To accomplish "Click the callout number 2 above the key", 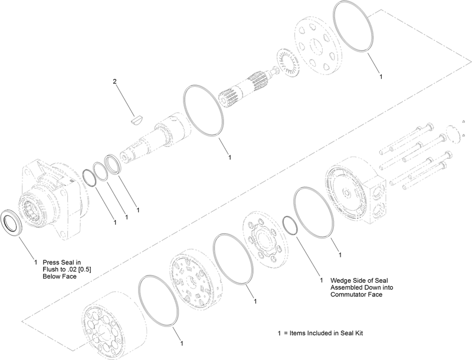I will pyautogui.click(x=114, y=81).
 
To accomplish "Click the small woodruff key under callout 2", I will pyautogui.click(x=136, y=119).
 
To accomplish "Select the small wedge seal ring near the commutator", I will pyautogui.click(x=289, y=224).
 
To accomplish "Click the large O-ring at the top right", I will pyautogui.click(x=353, y=27).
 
